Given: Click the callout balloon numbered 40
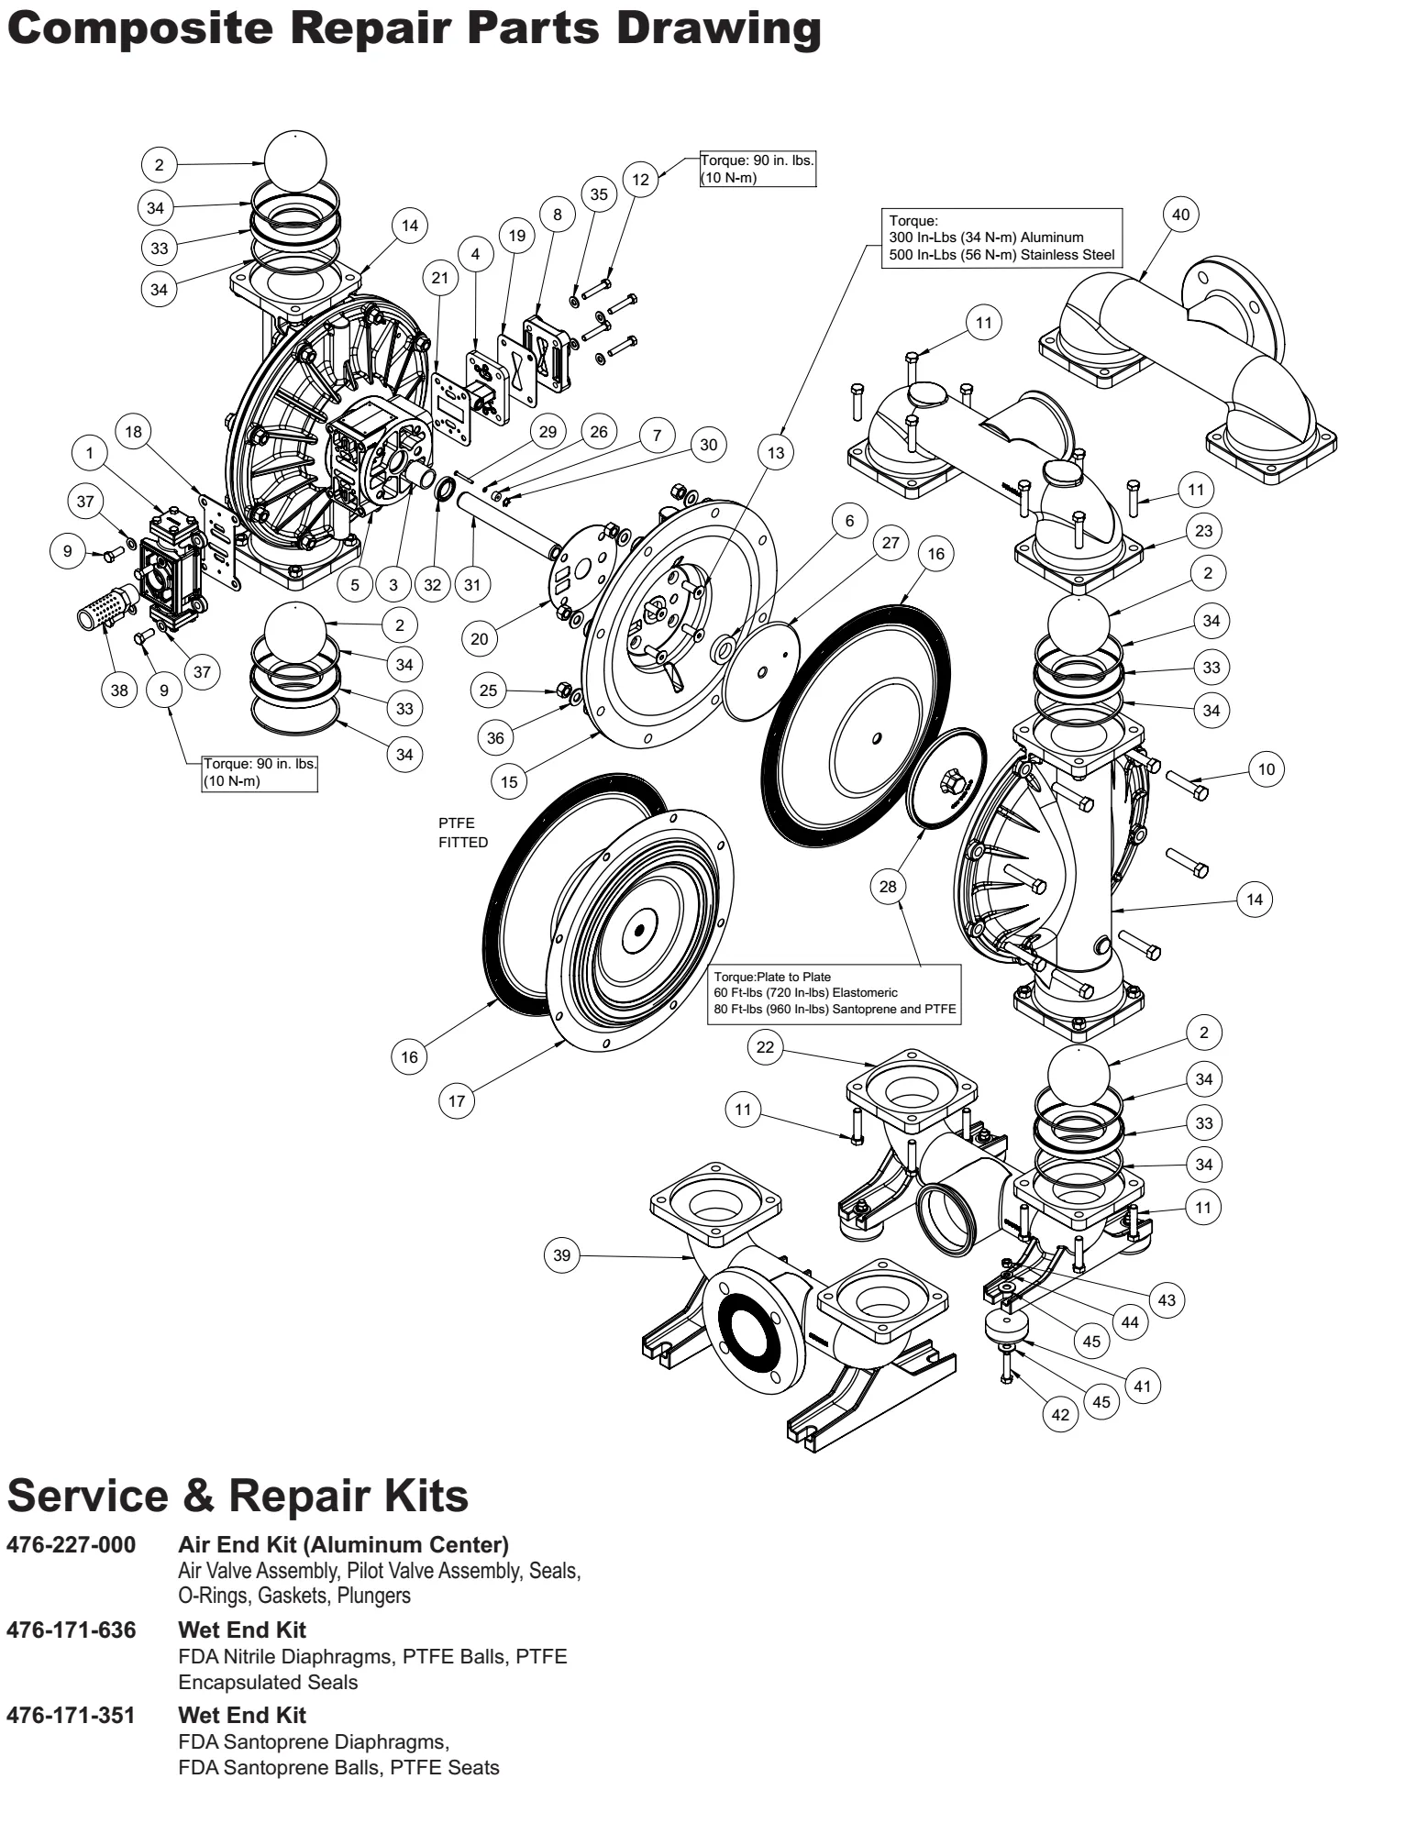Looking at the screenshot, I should [x=1180, y=215].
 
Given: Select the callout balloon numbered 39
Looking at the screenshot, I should [x=562, y=1254].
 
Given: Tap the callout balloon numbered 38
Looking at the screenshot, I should [x=119, y=690].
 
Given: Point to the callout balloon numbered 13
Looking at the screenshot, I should [x=777, y=452].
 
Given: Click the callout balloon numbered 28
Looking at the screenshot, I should [x=888, y=886].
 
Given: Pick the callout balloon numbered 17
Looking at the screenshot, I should [x=457, y=1100].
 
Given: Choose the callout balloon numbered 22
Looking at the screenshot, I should [x=765, y=1047].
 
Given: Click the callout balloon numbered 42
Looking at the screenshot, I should [x=1060, y=1414].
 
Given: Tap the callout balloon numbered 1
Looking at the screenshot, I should [x=90, y=452].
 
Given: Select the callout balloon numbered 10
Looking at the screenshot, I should [x=1267, y=769].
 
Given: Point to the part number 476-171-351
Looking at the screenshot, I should [x=72, y=1715].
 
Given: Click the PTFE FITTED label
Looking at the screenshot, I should [x=463, y=833].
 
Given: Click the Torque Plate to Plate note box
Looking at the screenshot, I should [x=835, y=994].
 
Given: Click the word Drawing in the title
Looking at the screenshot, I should [x=718, y=29].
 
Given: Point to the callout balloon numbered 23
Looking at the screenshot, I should [x=1203, y=530].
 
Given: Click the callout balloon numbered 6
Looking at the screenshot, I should [x=850, y=521].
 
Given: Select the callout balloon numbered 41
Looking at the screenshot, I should [x=1142, y=1386].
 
